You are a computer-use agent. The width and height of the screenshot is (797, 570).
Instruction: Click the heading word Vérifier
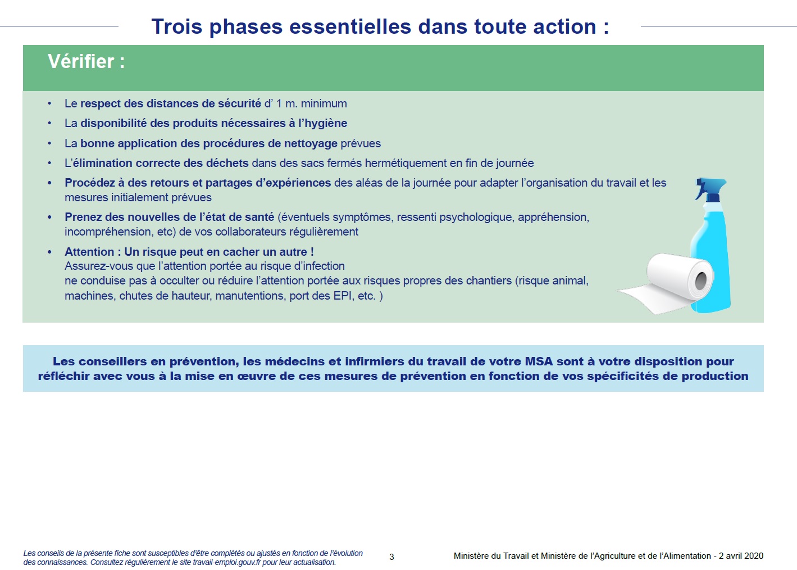(81, 61)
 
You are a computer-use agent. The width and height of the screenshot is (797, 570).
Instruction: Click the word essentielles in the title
(350, 26)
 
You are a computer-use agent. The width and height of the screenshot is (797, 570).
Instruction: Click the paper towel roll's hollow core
(701, 281)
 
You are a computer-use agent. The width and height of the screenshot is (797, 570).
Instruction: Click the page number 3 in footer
(391, 557)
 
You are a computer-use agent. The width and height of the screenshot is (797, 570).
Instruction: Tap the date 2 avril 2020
(741, 556)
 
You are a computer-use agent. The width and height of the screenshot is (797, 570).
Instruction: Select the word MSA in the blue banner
(539, 361)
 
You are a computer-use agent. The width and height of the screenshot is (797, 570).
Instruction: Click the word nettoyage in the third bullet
(311, 143)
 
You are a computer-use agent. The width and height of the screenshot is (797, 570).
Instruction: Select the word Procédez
(90, 183)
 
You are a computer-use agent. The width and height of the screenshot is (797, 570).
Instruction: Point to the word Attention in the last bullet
(89, 252)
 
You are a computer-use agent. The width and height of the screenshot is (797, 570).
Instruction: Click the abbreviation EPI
(344, 296)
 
